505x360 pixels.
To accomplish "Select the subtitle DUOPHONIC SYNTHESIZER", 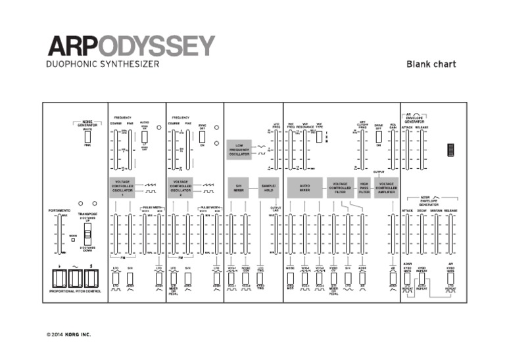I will [x=101, y=65].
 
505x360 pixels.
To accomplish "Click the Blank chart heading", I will [x=431, y=64].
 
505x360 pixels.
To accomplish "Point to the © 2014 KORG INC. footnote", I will [x=69, y=334].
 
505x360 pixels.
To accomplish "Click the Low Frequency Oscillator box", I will [x=239, y=150].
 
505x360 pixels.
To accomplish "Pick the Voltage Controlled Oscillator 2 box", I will [x=181, y=187].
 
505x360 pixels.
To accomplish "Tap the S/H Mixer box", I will [x=239, y=187].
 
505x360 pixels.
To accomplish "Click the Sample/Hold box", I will [x=270, y=187].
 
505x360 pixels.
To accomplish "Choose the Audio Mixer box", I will [x=304, y=187].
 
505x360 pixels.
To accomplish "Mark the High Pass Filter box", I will [x=364, y=187].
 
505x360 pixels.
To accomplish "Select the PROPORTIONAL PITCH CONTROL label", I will [x=74, y=290].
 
